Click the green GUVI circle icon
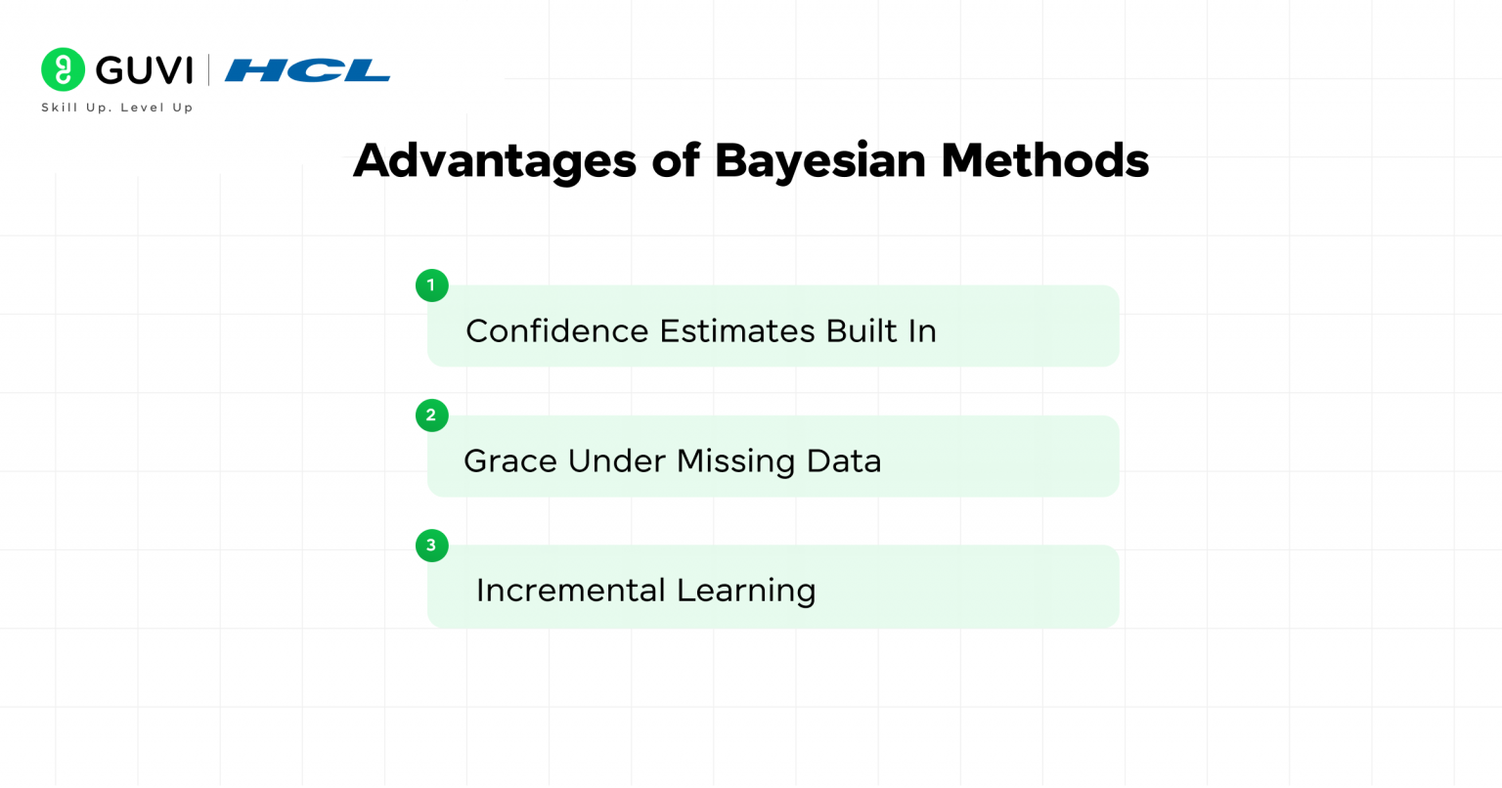point(64,69)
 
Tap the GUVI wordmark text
point(145,70)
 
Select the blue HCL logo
point(307,70)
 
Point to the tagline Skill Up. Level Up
point(117,108)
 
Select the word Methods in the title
point(1044,160)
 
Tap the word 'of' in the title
point(676,160)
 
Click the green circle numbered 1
point(431,285)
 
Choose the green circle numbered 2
point(431,416)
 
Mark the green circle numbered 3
point(431,546)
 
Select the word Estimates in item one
point(737,331)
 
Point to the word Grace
point(509,461)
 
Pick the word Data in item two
point(844,461)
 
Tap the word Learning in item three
point(746,591)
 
